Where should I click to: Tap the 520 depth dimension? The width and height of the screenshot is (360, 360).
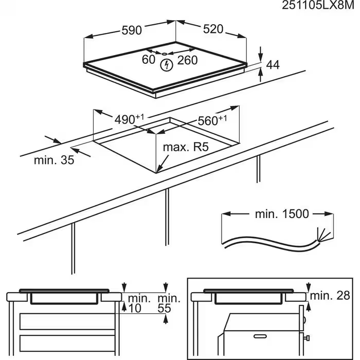pos(212,29)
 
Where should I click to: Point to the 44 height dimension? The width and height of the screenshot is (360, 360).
pos(273,65)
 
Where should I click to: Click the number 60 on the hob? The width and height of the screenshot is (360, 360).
pos(149,60)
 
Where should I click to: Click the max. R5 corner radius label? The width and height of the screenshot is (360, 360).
pos(185,148)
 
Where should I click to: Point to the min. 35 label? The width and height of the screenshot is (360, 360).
pos(54,160)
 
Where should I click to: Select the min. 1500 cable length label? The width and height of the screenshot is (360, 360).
pos(282,214)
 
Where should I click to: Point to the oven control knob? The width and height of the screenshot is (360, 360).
pos(307,338)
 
